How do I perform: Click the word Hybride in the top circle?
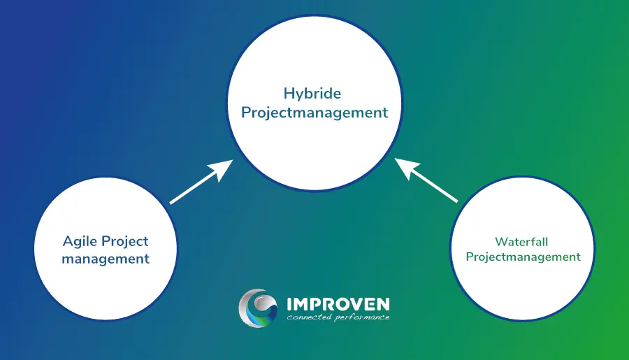[312, 94]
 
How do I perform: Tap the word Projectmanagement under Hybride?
[314, 113]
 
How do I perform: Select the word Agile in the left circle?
[80, 242]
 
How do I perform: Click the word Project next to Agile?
[125, 242]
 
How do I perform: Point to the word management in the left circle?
[106, 259]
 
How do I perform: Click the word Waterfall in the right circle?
[521, 242]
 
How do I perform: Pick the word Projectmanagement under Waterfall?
[523, 257]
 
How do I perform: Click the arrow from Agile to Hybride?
[201, 182]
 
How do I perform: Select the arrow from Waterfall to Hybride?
[426, 180]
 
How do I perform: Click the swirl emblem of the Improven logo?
[258, 308]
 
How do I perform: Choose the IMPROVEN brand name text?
[338, 304]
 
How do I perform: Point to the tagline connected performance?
[338, 317]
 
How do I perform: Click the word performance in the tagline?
[362, 318]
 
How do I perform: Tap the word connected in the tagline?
[309, 317]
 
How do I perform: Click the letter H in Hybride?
[289, 93]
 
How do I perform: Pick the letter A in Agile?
[68, 241]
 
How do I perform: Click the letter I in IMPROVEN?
[289, 304]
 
